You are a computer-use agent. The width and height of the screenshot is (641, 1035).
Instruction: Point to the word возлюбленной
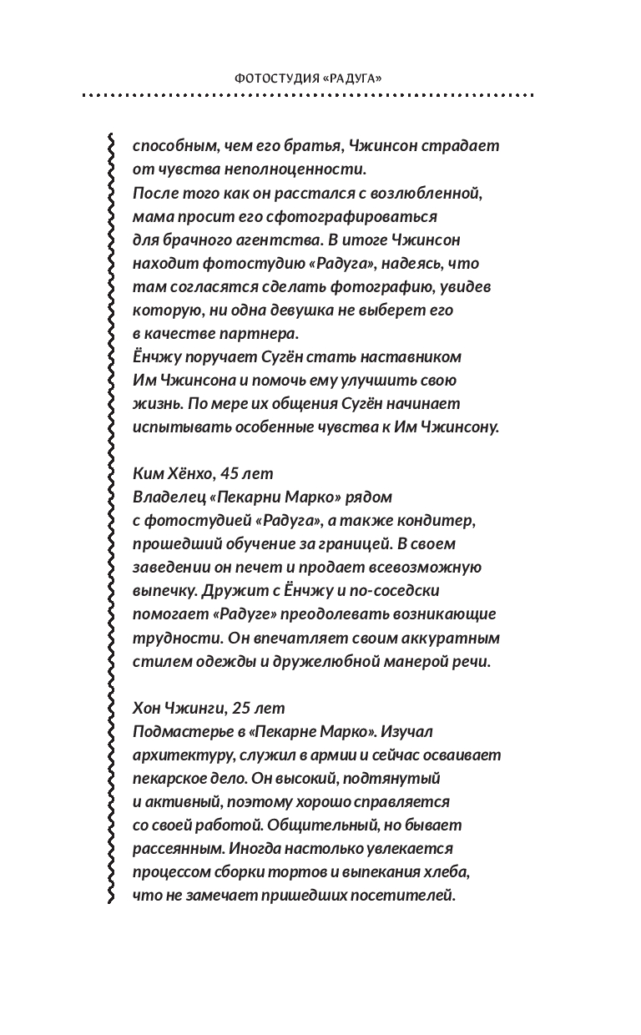click(x=431, y=193)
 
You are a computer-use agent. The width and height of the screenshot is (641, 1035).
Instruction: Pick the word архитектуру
click(x=179, y=755)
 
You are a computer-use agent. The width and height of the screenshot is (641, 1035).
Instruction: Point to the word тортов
click(x=295, y=871)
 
